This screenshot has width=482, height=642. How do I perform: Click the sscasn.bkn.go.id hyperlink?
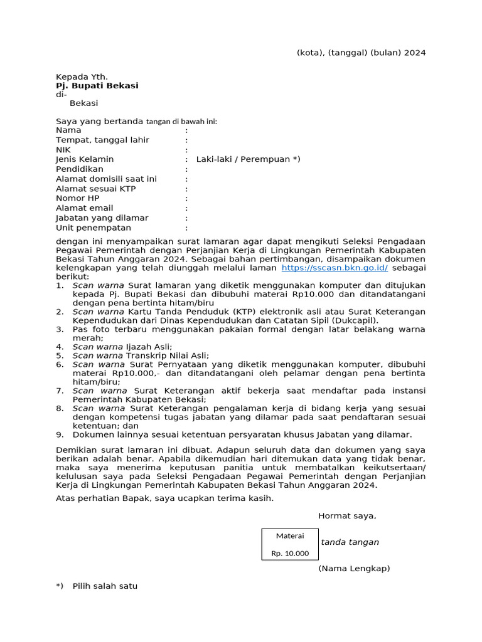click(x=335, y=267)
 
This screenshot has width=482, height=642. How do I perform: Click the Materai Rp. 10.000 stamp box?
click(x=290, y=544)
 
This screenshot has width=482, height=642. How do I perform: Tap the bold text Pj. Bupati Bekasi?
click(x=97, y=85)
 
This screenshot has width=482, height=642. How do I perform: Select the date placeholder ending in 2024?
click(x=361, y=53)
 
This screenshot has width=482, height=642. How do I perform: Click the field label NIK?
click(x=63, y=150)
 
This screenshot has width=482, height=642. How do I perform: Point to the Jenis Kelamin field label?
click(x=85, y=159)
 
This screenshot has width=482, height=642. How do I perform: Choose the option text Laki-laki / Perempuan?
click(x=248, y=159)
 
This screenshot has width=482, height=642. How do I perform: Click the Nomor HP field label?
click(x=78, y=198)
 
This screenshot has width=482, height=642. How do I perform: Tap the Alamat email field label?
click(x=85, y=208)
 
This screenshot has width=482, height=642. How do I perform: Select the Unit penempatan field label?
click(x=94, y=228)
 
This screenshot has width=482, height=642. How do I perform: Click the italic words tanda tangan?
click(x=350, y=542)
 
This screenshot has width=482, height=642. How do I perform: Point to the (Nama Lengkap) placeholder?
click(x=354, y=569)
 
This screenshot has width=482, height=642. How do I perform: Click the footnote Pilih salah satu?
click(x=105, y=586)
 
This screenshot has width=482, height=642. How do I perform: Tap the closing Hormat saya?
click(x=347, y=516)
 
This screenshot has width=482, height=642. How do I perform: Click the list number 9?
click(x=59, y=434)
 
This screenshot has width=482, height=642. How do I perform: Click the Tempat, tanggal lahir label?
click(x=103, y=140)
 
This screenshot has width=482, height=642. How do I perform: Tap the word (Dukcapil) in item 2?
click(x=355, y=320)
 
